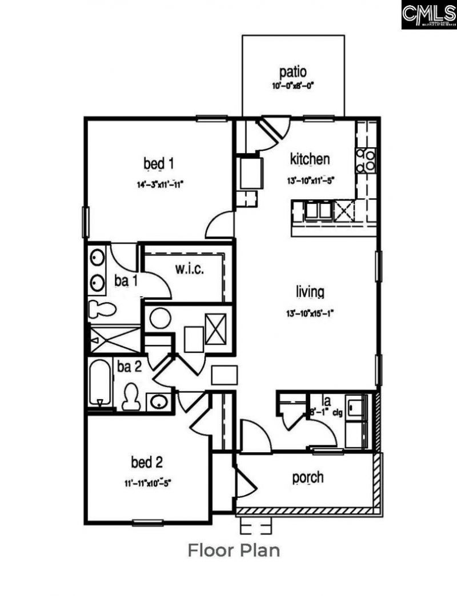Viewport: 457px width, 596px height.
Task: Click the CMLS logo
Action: click(428, 15)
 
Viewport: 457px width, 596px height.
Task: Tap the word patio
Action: click(293, 73)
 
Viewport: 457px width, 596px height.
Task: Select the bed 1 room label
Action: click(158, 164)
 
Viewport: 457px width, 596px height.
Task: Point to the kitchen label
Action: click(310, 158)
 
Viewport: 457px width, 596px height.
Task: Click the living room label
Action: click(310, 292)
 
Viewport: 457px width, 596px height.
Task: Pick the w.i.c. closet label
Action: click(190, 269)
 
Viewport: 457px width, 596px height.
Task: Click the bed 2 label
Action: click(147, 461)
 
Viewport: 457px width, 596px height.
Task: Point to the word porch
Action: click(307, 477)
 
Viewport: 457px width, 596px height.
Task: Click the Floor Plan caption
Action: click(234, 551)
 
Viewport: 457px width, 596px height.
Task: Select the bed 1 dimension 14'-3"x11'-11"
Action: click(159, 184)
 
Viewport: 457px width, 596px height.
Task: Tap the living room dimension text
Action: click(310, 313)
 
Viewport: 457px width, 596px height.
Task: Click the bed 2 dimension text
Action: click(147, 482)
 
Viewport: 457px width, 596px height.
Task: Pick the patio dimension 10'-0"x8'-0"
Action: click(293, 87)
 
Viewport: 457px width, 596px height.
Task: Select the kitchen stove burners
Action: click(366, 160)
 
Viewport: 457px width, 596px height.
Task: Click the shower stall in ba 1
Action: click(113, 339)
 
